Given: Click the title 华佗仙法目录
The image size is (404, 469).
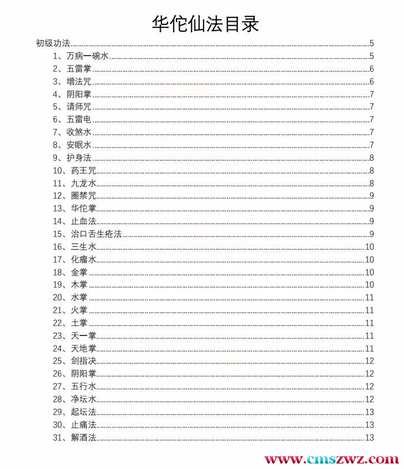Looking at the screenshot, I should tap(205, 24).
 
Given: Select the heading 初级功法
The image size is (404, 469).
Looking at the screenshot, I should tap(53, 43).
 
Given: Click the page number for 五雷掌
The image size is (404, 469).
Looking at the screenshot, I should tap(371, 69).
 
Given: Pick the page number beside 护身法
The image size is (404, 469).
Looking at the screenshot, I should tap(371, 157).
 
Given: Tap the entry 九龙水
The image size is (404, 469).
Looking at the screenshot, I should tap(83, 183).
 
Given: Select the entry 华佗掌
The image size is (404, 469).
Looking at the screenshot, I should tap(83, 209).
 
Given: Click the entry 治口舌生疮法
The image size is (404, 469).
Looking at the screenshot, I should tap(96, 234).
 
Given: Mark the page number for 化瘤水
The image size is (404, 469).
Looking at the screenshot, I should tap(369, 259).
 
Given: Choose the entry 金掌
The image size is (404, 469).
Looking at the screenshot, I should tap(79, 272).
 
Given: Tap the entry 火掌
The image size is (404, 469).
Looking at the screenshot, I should tap(79, 310).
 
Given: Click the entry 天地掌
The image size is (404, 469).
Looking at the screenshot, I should tap(83, 349).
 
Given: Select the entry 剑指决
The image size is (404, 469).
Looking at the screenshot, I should tap(83, 361).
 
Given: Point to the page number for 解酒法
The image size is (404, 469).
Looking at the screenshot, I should tap(369, 438).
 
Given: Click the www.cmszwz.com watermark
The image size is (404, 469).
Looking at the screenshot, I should tap(331, 460).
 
